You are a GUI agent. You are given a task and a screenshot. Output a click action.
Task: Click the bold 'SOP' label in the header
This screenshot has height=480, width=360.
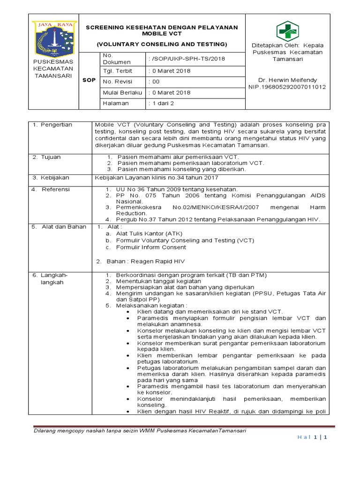(x=89, y=81)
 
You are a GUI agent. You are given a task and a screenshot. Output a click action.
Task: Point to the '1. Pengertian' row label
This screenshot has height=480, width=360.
(x=52, y=125)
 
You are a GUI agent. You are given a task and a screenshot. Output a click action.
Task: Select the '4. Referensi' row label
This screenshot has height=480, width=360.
(x=51, y=189)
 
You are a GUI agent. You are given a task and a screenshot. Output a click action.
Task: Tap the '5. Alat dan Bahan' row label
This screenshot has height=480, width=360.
(x=59, y=227)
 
